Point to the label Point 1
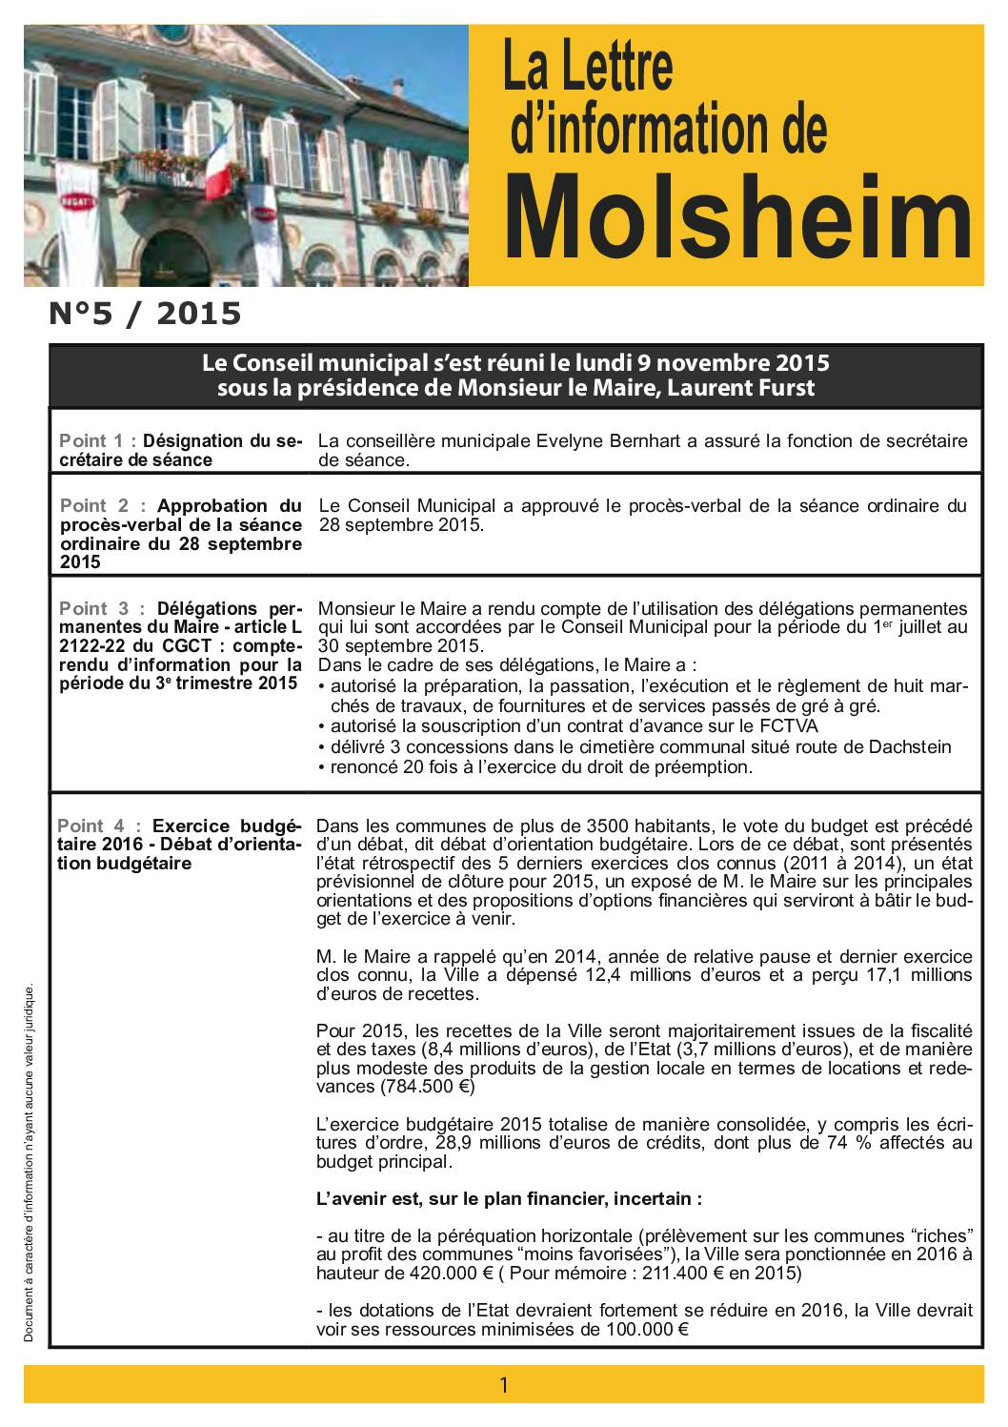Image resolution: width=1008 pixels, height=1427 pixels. point(93,441)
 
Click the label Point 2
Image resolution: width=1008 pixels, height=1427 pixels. point(94,506)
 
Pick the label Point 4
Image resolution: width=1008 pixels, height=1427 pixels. point(91,826)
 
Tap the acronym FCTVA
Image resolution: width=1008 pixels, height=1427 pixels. point(785,726)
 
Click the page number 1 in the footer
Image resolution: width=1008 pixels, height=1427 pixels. point(504,1385)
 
